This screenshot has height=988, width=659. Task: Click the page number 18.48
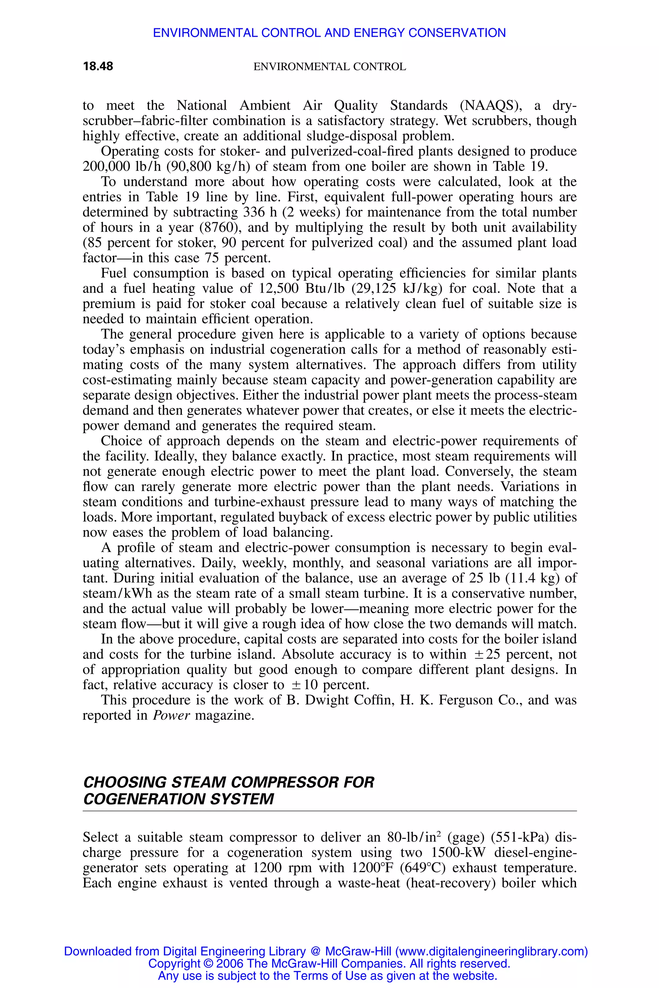click(98, 66)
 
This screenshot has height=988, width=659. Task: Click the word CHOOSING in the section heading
click(125, 782)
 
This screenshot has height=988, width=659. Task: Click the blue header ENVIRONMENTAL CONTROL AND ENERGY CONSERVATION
click(329, 33)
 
